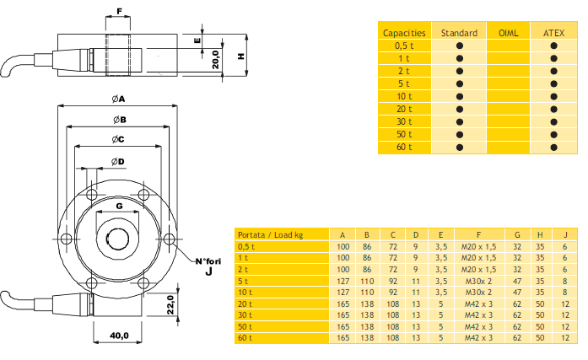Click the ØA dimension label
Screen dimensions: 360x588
118,99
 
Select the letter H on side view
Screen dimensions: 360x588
240,56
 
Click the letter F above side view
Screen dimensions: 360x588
119,12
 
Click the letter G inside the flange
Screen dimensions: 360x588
119,205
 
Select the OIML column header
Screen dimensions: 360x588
508,33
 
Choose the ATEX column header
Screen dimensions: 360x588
553,33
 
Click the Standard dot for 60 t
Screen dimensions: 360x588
460,148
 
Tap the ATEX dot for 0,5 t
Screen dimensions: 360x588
553,46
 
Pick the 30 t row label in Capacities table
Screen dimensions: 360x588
404,122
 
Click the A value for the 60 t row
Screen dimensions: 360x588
343,338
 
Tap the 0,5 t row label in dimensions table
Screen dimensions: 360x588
246,247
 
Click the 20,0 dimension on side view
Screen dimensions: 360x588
215,60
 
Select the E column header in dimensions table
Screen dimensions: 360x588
440,235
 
